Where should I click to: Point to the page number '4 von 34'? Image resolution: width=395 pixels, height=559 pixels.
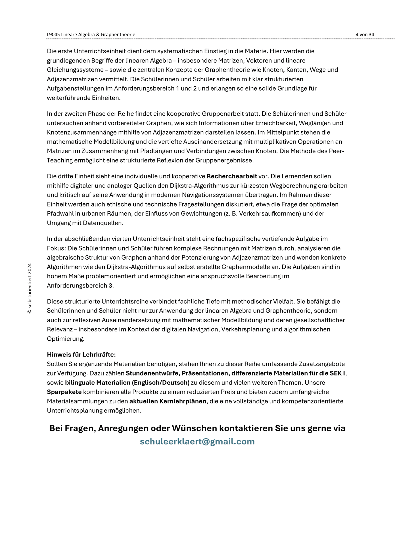tap(365, 35)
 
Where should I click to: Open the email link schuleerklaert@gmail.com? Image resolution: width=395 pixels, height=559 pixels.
tap(197, 441)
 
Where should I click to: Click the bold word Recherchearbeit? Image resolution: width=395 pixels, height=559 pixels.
tap(232, 176)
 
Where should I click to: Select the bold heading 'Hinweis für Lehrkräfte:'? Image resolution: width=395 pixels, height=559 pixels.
tap(81, 355)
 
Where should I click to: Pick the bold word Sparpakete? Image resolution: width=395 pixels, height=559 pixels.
tap(64, 392)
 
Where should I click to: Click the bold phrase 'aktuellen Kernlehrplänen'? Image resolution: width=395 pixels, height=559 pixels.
tap(168, 401)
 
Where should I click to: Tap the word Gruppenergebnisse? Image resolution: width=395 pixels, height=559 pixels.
tap(224, 160)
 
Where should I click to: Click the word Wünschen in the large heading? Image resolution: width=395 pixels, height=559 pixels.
tap(194, 428)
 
